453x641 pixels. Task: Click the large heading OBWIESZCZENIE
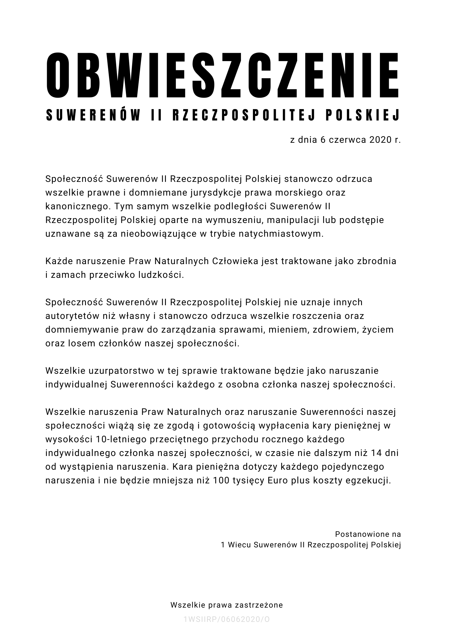pos(223,75)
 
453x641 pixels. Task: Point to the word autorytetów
pos(72,316)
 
